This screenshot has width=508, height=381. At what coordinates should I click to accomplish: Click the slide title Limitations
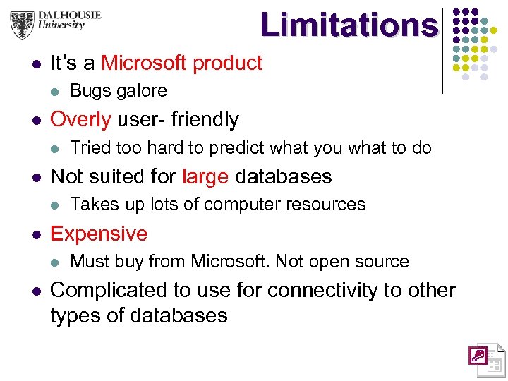click(349, 25)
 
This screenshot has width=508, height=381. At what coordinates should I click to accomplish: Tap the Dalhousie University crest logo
click(23, 25)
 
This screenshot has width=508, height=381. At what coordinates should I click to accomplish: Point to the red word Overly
click(80, 120)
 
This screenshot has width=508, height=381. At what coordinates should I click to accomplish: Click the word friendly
click(205, 120)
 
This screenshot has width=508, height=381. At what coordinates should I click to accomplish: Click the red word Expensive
click(99, 234)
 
